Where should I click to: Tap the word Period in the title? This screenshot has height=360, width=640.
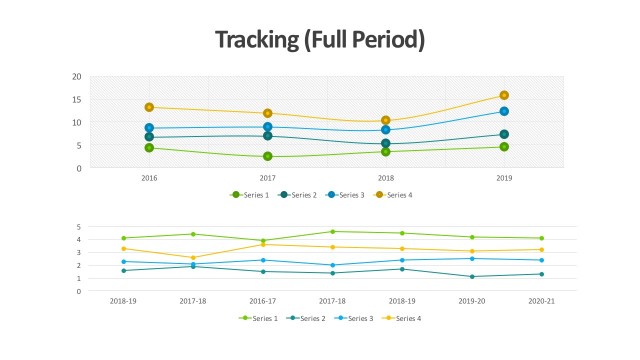[388, 40]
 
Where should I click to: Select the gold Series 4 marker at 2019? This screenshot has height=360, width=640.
[504, 96]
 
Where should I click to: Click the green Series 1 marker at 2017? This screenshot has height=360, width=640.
[268, 156]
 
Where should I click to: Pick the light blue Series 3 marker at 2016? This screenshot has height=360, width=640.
[149, 128]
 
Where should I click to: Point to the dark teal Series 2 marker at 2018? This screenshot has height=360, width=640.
[386, 143]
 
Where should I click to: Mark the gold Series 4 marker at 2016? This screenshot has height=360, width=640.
[149, 107]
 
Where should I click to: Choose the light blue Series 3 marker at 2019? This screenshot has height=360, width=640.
[504, 111]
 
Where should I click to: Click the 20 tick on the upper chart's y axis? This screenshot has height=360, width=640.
[77, 77]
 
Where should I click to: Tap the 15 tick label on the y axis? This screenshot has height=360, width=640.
[77, 100]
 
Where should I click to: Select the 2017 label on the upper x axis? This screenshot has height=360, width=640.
[268, 178]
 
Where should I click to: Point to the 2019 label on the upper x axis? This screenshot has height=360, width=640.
[504, 178]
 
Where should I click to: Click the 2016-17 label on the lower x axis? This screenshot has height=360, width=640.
[263, 300]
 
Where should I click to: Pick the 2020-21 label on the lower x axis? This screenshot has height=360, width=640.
[542, 300]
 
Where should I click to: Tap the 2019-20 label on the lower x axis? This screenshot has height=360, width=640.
[472, 300]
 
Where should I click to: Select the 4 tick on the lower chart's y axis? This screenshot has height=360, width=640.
[78, 239]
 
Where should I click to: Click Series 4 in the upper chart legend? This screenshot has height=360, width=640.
[399, 195]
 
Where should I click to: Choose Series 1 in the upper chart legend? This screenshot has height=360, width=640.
[255, 195]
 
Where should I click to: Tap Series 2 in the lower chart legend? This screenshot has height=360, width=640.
[313, 318]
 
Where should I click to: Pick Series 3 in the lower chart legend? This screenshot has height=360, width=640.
[360, 318]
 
